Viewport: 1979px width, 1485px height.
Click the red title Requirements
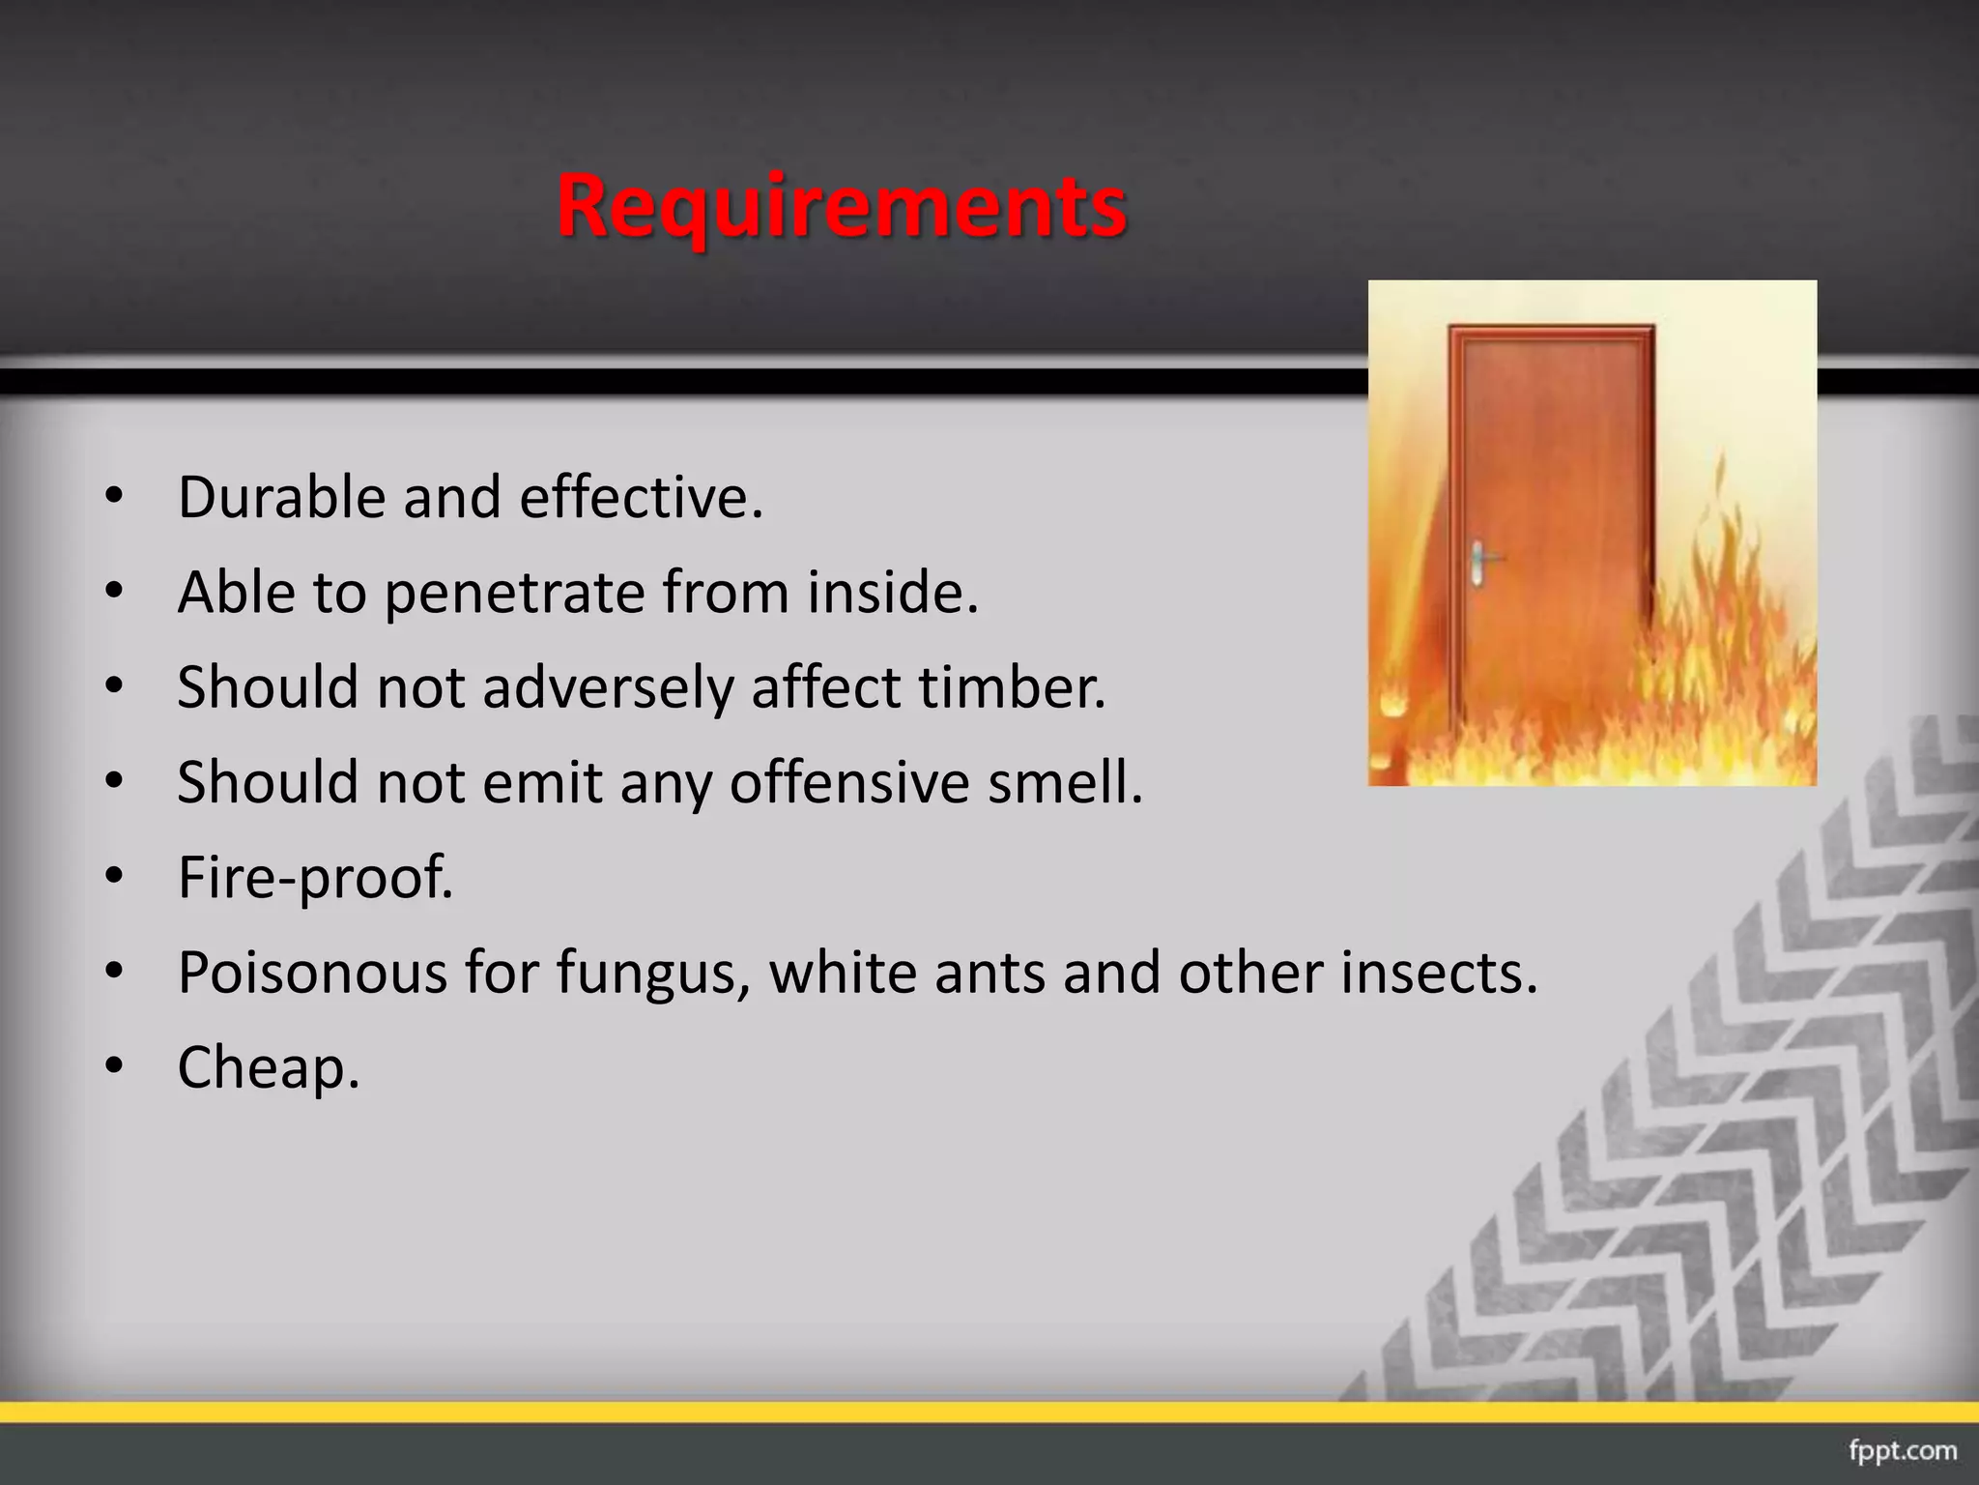(x=842, y=206)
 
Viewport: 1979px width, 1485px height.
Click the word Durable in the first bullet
(x=281, y=498)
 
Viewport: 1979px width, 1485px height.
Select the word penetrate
(x=514, y=594)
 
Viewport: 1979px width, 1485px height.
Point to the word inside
(x=892, y=592)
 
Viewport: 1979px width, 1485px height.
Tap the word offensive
(x=847, y=782)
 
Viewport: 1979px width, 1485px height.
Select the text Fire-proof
(x=315, y=878)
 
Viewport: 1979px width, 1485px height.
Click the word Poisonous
(x=312, y=973)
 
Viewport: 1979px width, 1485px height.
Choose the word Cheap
(x=269, y=1068)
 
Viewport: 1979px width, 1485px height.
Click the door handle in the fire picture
(x=1480, y=562)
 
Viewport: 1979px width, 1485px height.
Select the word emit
(x=542, y=782)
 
